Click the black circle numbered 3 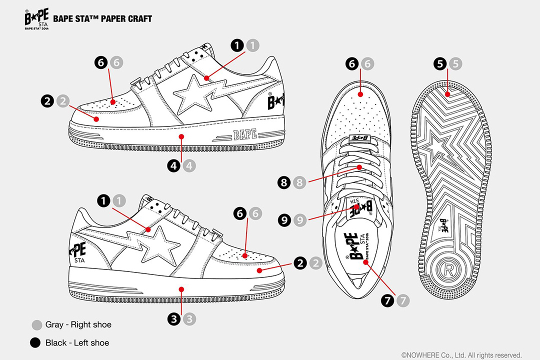[174, 319]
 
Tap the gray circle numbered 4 [189, 165]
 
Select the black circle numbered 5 [440, 63]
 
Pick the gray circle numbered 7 [403, 300]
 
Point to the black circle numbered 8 [284, 182]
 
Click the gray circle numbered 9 [300, 220]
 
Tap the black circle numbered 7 [387, 300]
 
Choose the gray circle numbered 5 [455, 63]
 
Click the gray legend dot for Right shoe [37, 325]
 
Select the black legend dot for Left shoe [35, 343]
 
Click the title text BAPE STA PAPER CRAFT [102, 18]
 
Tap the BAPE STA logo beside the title [36, 19]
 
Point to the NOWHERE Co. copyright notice [461, 355]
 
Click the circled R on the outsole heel [448, 269]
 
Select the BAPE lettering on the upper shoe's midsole [245, 134]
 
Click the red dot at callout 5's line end [447, 94]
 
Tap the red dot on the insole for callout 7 [365, 262]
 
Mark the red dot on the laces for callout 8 [359, 167]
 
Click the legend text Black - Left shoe [77, 343]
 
